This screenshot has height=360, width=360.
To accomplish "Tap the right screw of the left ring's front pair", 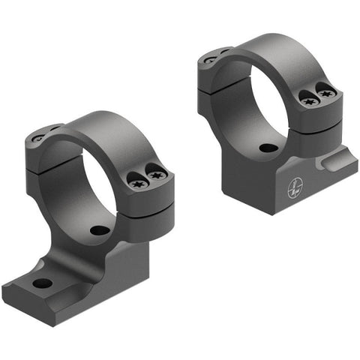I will [x=156, y=175].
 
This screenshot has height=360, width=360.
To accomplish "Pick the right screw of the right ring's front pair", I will [x=326, y=93].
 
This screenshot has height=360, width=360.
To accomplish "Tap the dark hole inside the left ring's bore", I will [x=95, y=229].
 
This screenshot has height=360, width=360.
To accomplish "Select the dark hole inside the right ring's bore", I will [x=266, y=148].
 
